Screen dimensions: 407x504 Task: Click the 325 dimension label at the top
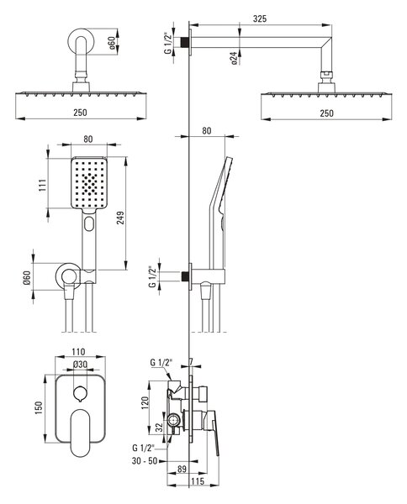(x=259, y=18)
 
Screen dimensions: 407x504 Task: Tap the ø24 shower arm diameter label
(x=234, y=58)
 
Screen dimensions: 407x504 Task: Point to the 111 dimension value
(x=43, y=185)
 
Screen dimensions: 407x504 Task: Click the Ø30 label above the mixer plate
(x=80, y=365)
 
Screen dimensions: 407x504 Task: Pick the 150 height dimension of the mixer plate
(x=39, y=407)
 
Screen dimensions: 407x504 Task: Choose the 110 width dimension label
(x=78, y=352)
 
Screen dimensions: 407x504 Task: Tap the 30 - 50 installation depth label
(x=145, y=461)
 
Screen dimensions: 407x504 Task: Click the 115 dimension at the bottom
(x=198, y=480)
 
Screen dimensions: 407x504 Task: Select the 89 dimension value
(x=182, y=469)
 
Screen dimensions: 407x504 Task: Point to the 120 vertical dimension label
(x=145, y=402)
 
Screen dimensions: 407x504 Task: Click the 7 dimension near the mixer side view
(x=191, y=362)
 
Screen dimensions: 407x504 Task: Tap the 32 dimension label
(x=159, y=428)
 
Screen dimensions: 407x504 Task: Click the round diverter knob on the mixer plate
(x=80, y=393)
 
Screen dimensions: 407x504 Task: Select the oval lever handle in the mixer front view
(x=81, y=433)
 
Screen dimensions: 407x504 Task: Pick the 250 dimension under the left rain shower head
(x=80, y=113)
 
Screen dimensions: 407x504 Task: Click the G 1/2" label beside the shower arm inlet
(x=168, y=43)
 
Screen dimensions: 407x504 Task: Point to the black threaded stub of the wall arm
(x=184, y=42)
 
